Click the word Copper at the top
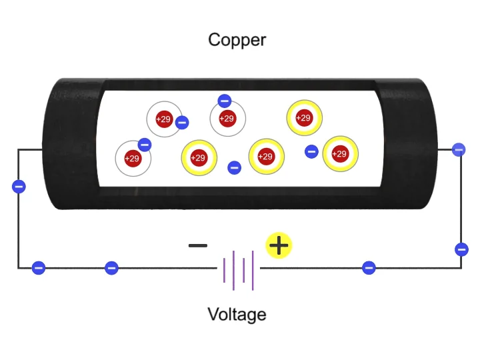click(x=237, y=39)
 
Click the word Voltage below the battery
click(x=237, y=314)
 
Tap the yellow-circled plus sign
click(x=279, y=246)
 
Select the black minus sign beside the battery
click(x=198, y=245)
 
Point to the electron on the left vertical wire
click(x=19, y=186)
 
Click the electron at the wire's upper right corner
click(x=459, y=149)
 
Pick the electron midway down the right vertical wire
click(x=461, y=249)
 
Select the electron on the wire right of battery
click(x=369, y=268)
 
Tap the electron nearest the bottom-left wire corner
click(x=39, y=268)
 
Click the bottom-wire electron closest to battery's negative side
click(x=111, y=268)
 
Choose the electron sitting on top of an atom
click(x=224, y=101)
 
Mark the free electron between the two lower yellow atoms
click(x=234, y=167)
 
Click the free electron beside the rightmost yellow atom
click(x=311, y=151)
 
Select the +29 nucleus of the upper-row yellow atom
click(x=303, y=118)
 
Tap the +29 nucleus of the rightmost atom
click(x=340, y=154)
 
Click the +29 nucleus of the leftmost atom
click(x=132, y=159)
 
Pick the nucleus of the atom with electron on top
click(x=227, y=119)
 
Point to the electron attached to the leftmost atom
click(x=144, y=145)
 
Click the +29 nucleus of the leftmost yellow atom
click(x=198, y=158)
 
